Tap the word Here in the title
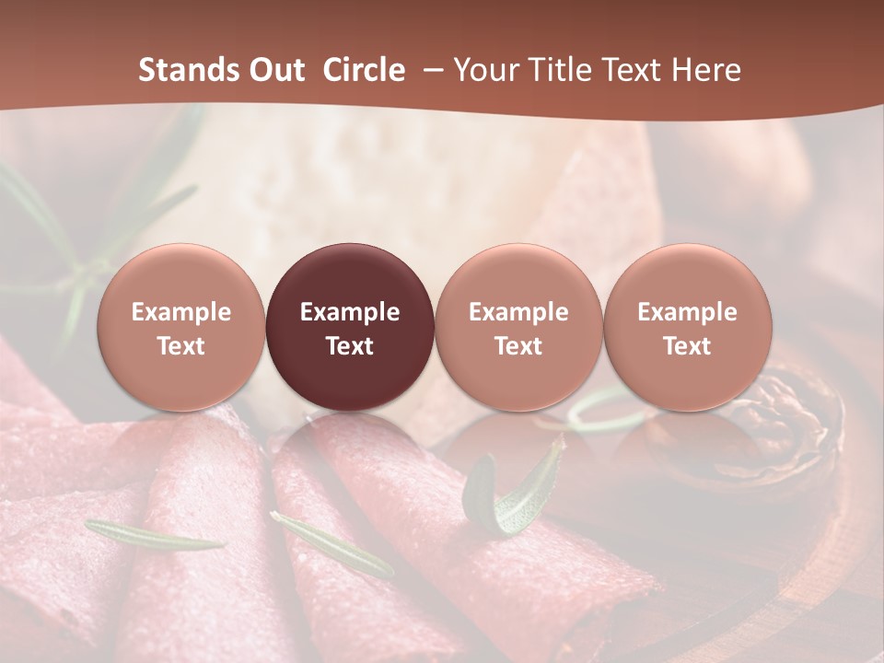(707, 70)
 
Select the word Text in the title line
(628, 70)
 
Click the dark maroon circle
(350, 327)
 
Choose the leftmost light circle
(181, 327)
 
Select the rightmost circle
(687, 327)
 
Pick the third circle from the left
(518, 327)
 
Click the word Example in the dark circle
(350, 312)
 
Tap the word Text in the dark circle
(350, 346)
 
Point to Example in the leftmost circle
(181, 312)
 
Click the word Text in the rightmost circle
(687, 346)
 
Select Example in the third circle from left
(518, 312)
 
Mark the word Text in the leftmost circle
(181, 346)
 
